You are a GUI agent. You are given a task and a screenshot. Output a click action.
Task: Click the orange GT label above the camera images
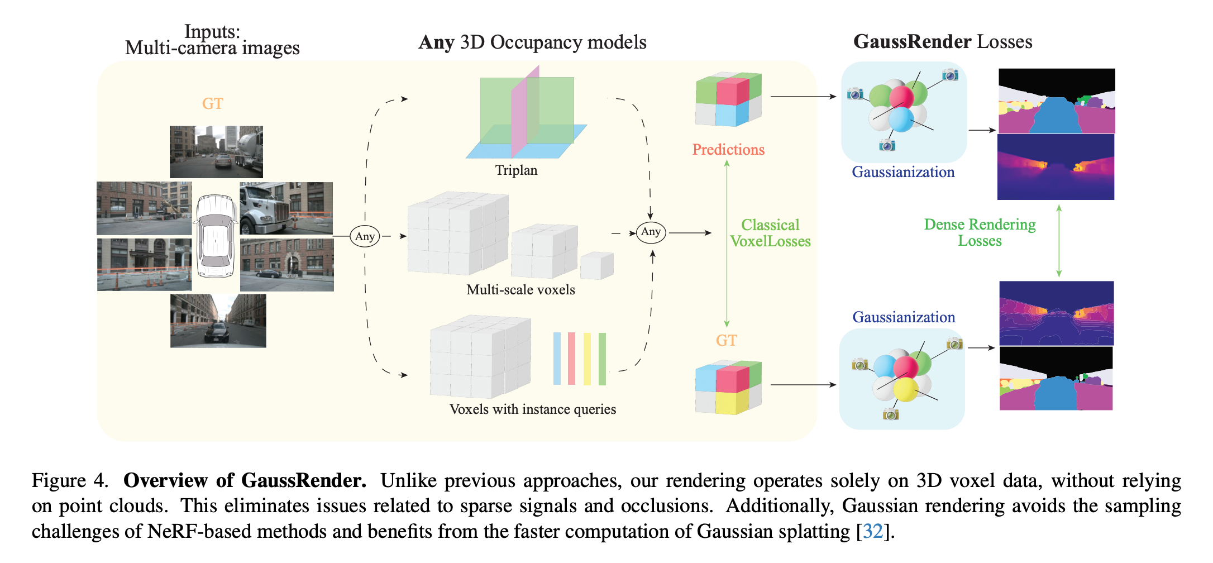click(212, 103)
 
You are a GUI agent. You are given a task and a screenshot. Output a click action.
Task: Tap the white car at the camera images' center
click(215, 236)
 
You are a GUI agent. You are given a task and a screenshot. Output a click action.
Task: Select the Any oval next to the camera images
click(365, 236)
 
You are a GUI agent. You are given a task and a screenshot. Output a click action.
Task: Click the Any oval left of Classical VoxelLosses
click(651, 232)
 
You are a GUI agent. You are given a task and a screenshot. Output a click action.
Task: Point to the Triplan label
click(516, 170)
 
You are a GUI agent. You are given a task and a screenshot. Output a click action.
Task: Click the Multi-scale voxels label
click(520, 290)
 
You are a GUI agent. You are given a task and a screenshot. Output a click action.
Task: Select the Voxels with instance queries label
click(532, 409)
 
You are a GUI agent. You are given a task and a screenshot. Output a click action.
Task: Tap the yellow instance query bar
click(587, 359)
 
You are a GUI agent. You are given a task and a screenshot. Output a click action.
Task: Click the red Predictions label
click(728, 150)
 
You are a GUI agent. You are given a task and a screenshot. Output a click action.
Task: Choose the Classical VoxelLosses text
click(770, 233)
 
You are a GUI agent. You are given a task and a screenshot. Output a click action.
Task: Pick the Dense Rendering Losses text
click(980, 232)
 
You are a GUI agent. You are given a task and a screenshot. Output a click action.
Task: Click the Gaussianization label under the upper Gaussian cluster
click(903, 172)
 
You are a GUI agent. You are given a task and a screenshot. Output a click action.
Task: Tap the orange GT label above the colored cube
click(726, 341)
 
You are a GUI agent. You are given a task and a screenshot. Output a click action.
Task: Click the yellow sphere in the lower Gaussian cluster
click(905, 389)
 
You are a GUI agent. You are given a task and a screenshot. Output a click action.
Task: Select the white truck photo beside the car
click(286, 208)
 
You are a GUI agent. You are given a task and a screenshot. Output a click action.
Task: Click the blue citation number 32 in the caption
click(872, 531)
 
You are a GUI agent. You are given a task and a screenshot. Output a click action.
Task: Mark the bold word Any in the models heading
click(436, 42)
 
